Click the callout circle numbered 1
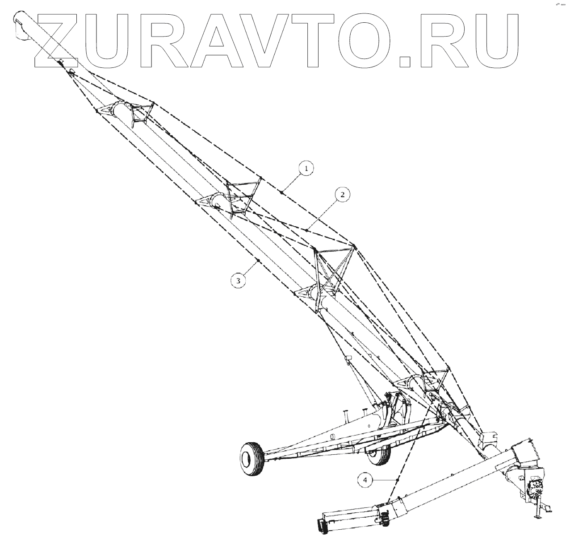click(x=306, y=169)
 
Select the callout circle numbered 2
click(x=342, y=195)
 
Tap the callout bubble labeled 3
click(x=239, y=280)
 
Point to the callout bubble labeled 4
click(x=365, y=480)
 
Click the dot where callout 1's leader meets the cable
click(x=281, y=192)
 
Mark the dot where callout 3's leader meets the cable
click(x=258, y=260)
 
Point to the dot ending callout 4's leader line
click(x=397, y=479)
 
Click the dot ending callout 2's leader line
click(x=307, y=229)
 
